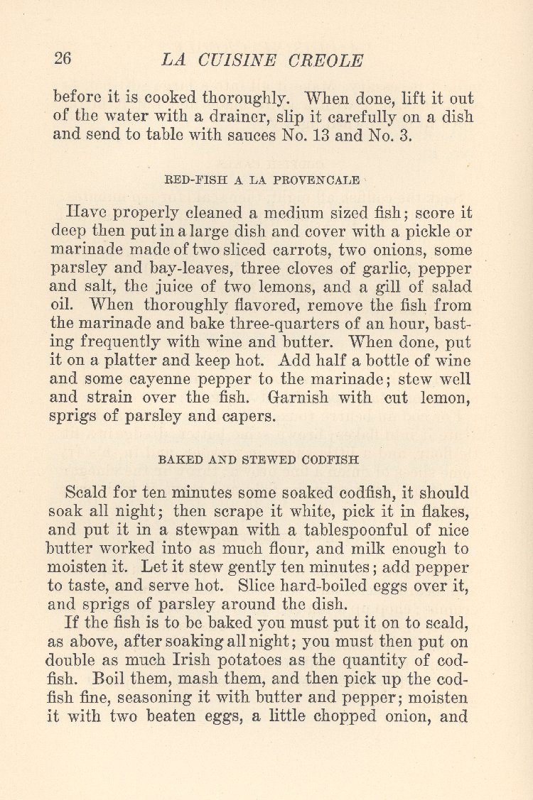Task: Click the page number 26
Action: pos(63,59)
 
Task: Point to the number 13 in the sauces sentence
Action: pos(314,136)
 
